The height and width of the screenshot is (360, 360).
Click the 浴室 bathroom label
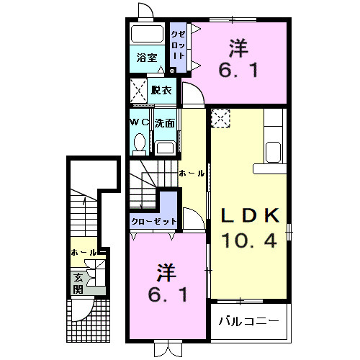(x=148, y=58)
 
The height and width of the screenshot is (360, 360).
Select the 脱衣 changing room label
(x=162, y=90)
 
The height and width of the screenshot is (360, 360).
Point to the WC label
(x=139, y=122)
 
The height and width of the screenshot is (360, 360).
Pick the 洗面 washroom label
(x=165, y=122)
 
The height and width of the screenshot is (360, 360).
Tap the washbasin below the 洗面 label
(x=166, y=147)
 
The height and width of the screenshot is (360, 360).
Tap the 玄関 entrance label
(x=78, y=283)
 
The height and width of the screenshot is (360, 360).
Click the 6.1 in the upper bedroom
(x=239, y=70)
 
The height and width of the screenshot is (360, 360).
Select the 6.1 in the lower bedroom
(x=166, y=295)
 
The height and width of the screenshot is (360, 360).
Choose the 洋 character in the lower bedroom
(x=166, y=273)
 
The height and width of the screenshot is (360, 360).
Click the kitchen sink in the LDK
(x=274, y=153)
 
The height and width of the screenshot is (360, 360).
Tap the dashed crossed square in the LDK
(x=220, y=118)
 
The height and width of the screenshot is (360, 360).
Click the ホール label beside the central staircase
(x=192, y=174)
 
